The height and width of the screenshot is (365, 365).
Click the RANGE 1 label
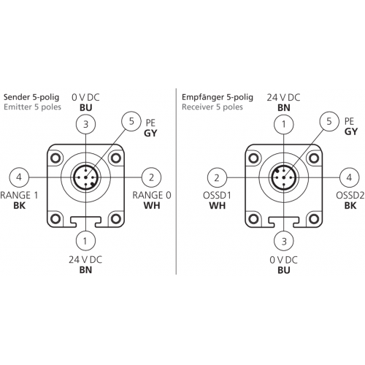click(x=19, y=195)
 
